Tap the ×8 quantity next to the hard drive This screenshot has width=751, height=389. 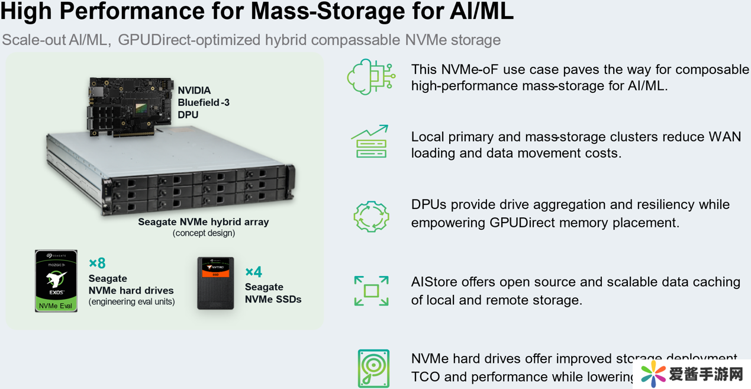coord(97,263)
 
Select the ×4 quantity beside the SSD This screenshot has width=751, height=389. coord(253,272)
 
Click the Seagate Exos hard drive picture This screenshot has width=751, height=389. coord(56,281)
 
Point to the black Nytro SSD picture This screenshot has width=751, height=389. coord(215,283)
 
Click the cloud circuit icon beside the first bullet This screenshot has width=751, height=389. coord(371,77)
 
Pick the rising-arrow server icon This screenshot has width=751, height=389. coord(370,142)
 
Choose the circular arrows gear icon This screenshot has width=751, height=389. coord(371,216)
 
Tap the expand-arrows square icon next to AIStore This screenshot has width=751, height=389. coord(371,291)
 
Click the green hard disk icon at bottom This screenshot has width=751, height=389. coord(373,368)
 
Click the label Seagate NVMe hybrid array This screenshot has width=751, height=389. coord(204,222)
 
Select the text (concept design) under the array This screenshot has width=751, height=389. coord(204,233)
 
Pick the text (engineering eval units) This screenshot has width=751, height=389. coord(131,302)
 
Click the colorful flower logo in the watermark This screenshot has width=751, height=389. coord(653,374)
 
